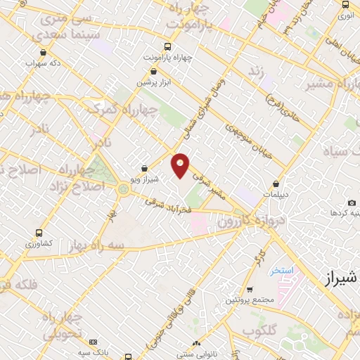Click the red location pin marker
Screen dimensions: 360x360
(181, 165)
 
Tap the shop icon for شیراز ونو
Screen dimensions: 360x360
(144, 168)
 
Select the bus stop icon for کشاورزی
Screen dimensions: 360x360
(39, 232)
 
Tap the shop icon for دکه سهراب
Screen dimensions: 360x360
(44, 52)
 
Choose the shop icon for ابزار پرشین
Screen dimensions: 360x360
(154, 70)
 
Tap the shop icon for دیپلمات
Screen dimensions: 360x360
(276, 183)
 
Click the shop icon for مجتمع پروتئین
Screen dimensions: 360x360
(250, 290)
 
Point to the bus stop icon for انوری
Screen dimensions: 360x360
(345, 4)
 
